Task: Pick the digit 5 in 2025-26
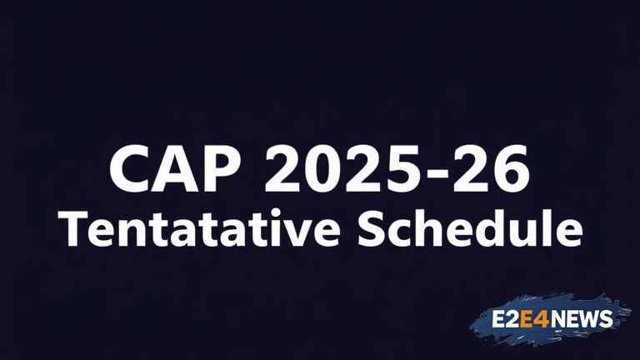coord(395,168)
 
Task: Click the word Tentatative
coord(199,228)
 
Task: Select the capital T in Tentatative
coord(72,229)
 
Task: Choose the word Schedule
coord(470,228)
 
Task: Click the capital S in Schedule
coord(371,229)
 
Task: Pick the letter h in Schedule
coord(432,228)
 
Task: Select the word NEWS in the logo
coord(581,319)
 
